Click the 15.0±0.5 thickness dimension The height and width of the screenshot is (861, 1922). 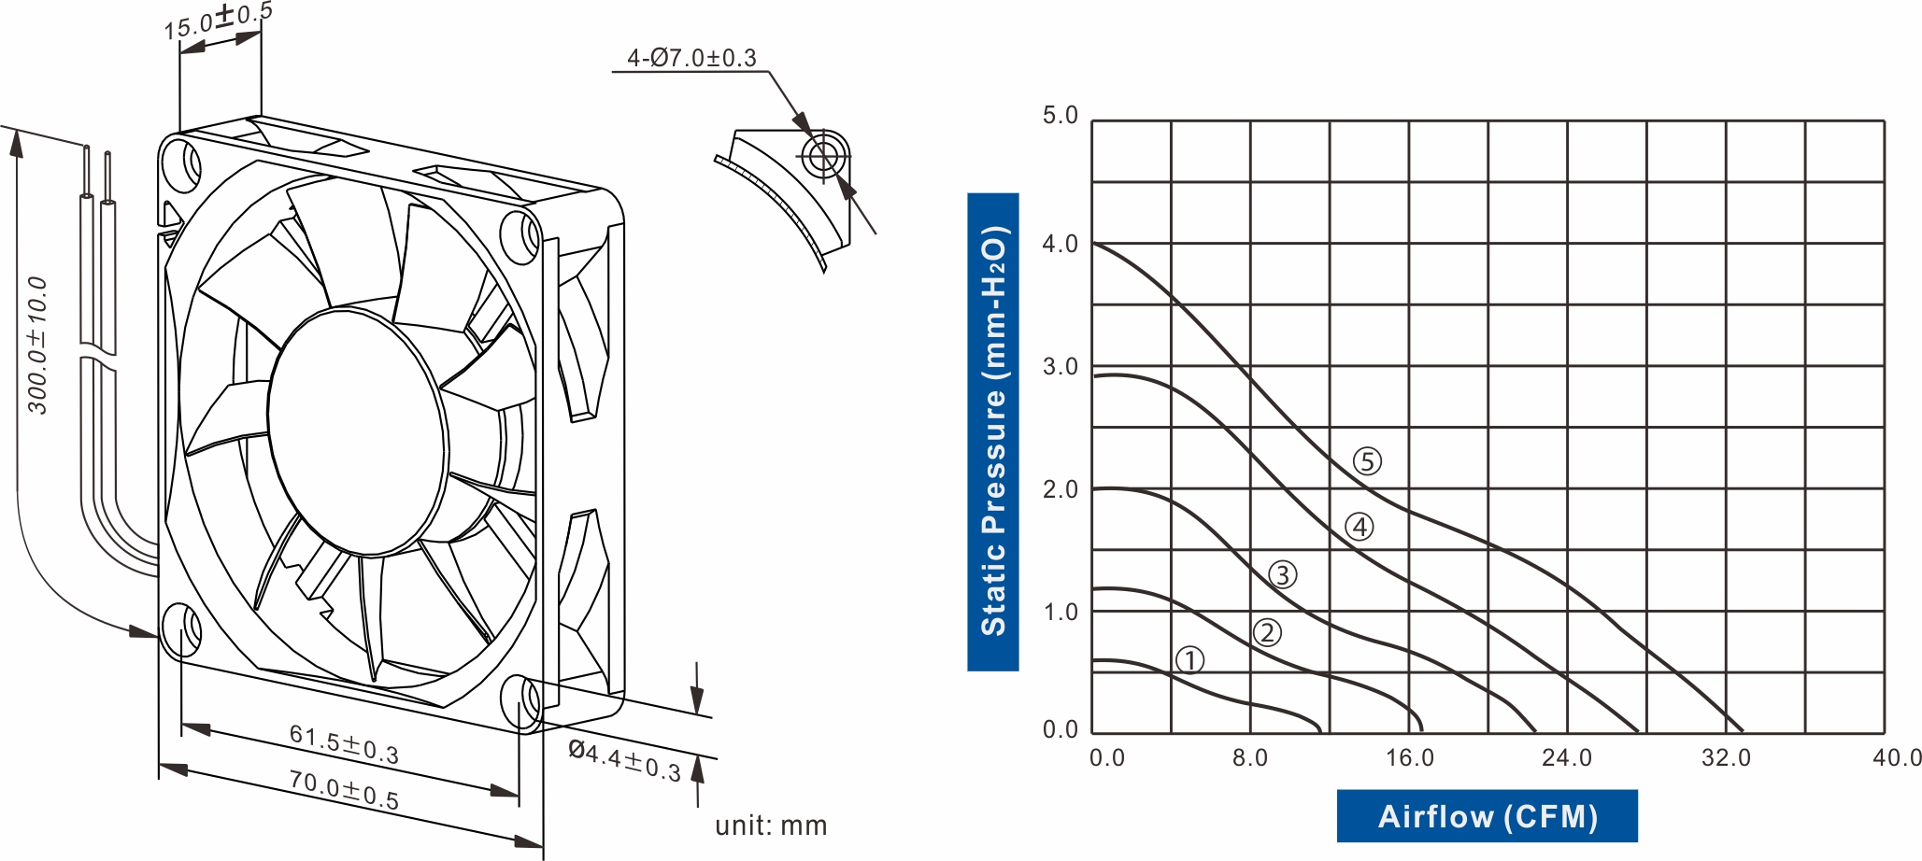(218, 21)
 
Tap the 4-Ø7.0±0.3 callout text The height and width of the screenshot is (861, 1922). (691, 58)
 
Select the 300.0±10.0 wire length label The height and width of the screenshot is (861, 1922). (37, 346)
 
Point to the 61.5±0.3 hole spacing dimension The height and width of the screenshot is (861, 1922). (344, 744)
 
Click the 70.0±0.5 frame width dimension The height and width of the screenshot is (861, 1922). (343, 790)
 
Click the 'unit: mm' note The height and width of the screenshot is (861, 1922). (771, 826)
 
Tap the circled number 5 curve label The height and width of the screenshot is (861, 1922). (1367, 461)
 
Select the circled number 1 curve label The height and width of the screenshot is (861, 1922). (1190, 660)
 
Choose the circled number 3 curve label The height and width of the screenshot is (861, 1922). (1283, 575)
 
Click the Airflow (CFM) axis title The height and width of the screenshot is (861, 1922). (1487, 816)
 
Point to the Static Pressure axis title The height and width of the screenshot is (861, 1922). (993, 431)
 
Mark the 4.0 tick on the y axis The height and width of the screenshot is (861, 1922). (1061, 244)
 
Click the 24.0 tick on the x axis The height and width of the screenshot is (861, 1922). (1567, 757)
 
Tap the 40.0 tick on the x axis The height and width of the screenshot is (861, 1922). (1896, 757)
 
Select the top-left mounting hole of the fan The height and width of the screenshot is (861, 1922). (181, 164)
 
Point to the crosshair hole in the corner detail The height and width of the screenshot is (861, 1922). (824, 155)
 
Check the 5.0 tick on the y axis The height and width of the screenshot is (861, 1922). (1061, 116)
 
